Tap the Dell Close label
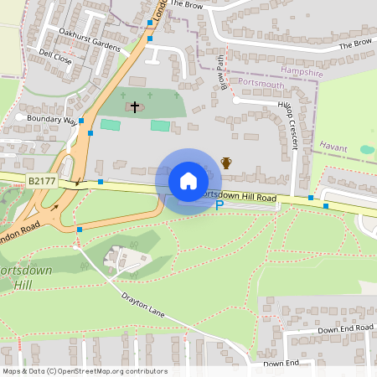point(56,56)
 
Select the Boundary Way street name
point(51,120)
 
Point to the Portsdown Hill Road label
point(239,197)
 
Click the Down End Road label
point(344,328)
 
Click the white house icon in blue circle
point(188,181)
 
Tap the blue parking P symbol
point(220,204)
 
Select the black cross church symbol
point(133,107)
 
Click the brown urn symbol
point(225,162)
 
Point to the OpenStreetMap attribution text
point(85,371)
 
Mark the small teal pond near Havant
point(367,149)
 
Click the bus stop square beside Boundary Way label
point(81,121)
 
